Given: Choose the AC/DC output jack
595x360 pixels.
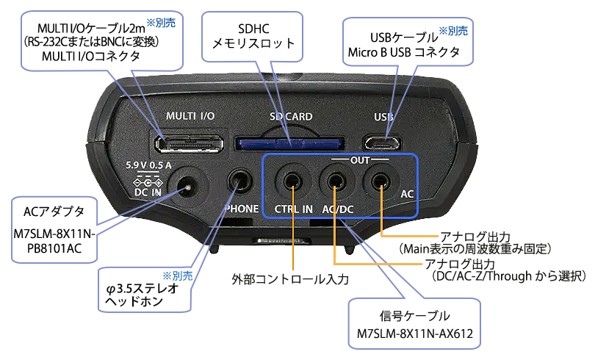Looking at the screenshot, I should pos(336,180).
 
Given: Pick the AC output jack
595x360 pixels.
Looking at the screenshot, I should pos(381,180).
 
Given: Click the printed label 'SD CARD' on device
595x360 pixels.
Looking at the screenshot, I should pos(290,116).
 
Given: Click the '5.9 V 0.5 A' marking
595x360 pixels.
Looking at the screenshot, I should pos(149,165).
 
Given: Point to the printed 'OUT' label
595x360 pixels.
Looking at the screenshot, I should pos(360,158).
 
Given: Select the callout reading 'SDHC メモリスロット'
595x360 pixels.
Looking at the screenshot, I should pos(253,35).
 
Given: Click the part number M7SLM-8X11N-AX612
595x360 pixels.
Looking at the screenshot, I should pos(415,337).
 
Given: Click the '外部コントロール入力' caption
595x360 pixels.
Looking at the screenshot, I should pos(289,279).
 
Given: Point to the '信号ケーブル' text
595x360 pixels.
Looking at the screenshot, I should pos(415,317).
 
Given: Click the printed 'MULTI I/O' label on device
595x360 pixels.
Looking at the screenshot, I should pos(190,116).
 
